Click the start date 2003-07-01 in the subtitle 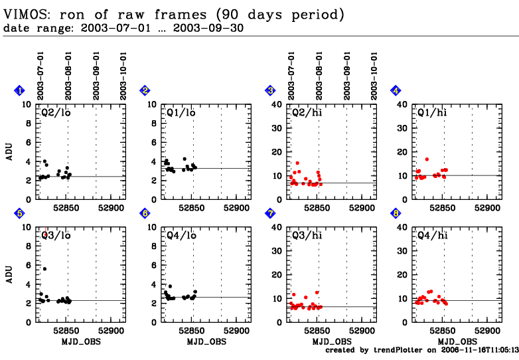click(x=108, y=29)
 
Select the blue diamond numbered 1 click(x=20, y=91)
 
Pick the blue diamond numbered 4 click(x=396, y=91)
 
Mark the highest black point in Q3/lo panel click(x=45, y=269)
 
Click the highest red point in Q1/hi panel click(x=427, y=159)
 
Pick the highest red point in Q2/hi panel click(x=297, y=163)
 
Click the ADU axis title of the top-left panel click(x=9, y=152)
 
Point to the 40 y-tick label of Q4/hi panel click(x=400, y=226)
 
